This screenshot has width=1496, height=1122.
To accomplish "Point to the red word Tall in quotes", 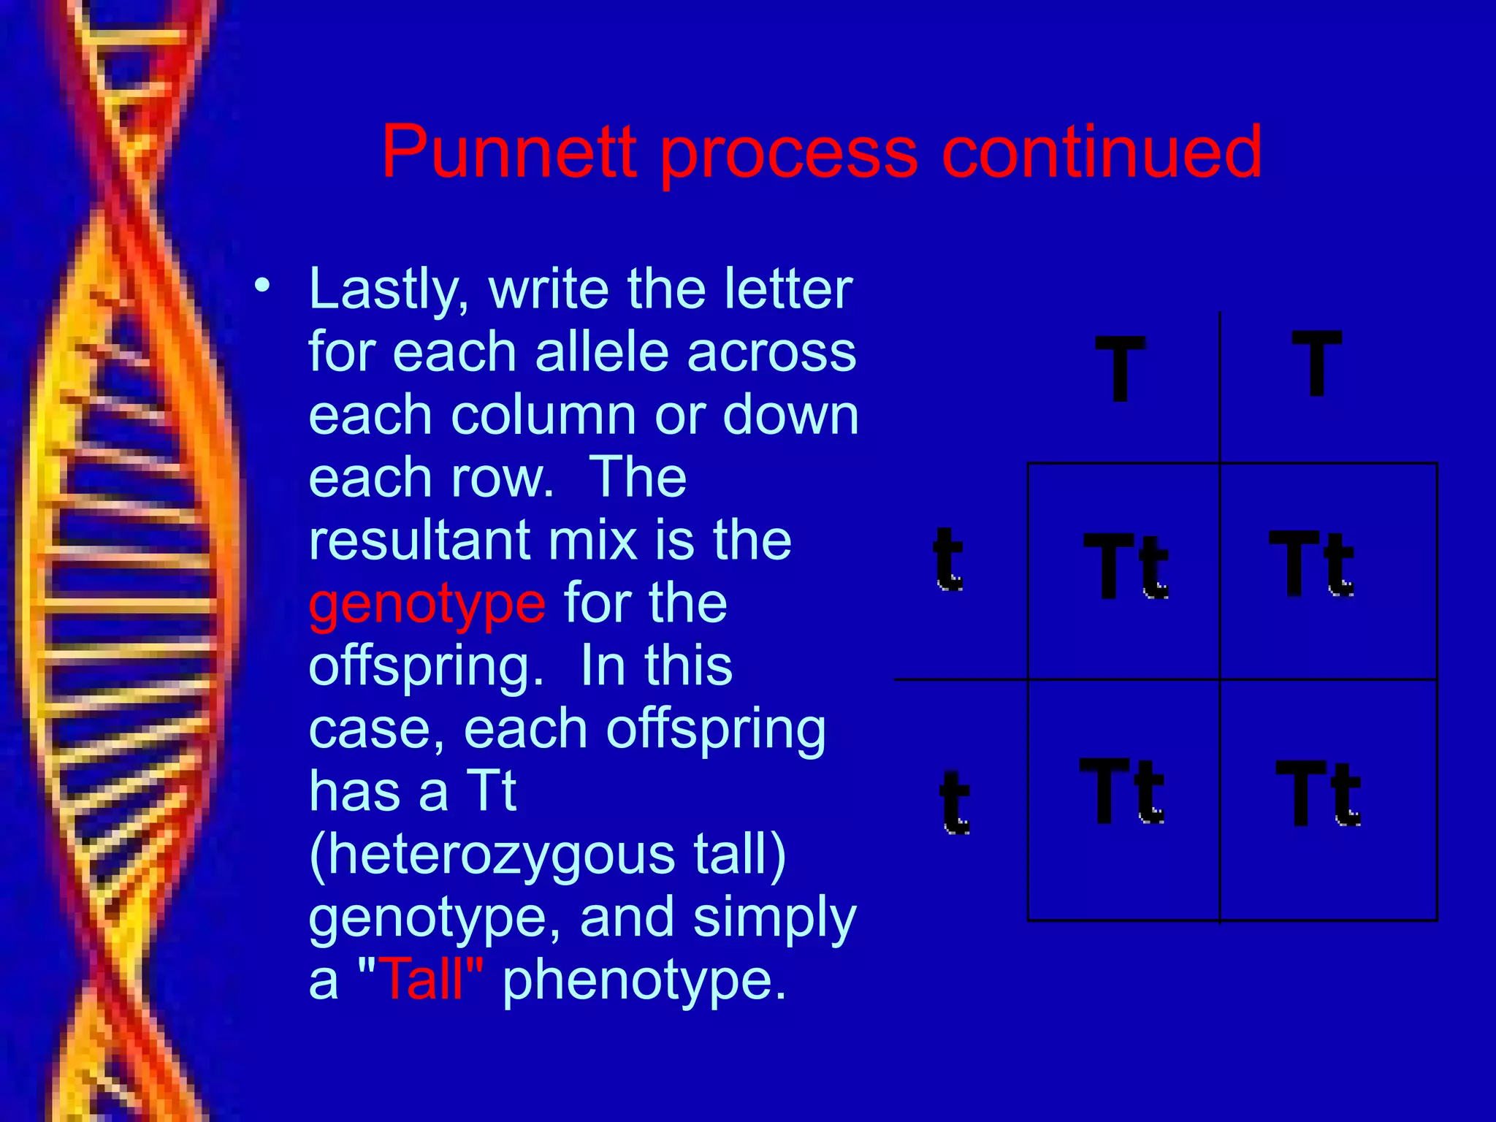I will [x=422, y=980].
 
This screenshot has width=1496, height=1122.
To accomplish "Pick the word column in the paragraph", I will [x=544, y=415].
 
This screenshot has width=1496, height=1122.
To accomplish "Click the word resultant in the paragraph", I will [x=419, y=541].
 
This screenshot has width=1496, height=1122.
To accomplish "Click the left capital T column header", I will [x=1120, y=368].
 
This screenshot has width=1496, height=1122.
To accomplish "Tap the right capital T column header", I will [x=1316, y=363].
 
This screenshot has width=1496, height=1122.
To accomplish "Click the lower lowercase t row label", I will [x=954, y=802].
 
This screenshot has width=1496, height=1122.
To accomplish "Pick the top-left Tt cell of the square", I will [x=1126, y=565].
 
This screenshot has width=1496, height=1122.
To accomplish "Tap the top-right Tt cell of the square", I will [x=1311, y=563].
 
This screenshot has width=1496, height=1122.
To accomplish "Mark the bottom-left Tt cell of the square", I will [x=1122, y=791].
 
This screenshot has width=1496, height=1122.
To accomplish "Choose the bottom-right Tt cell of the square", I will [x=1318, y=793].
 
